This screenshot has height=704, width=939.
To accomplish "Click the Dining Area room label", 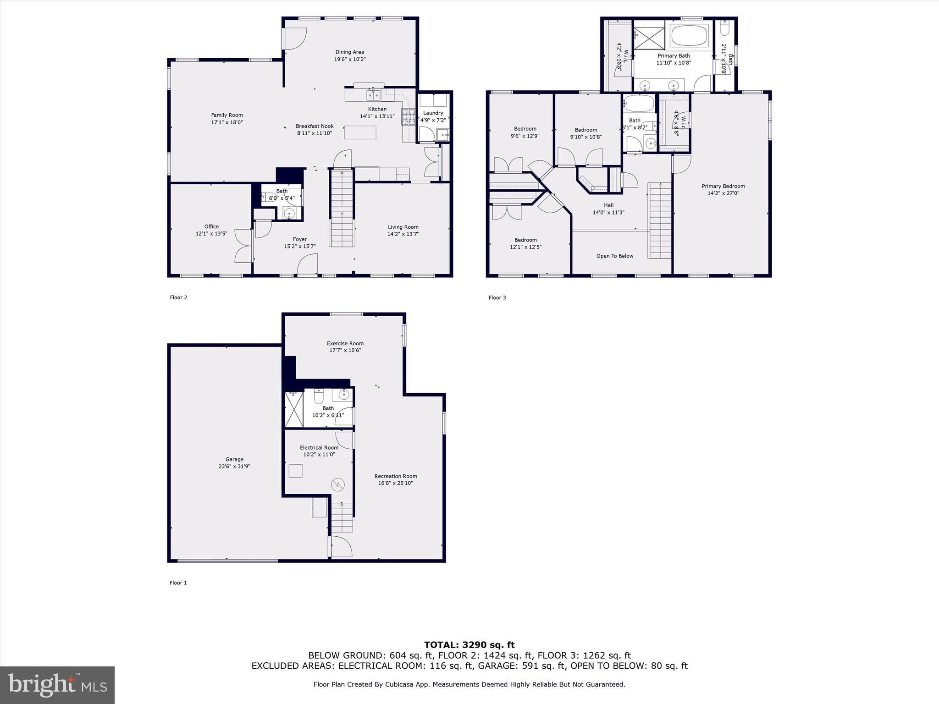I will [x=349, y=52].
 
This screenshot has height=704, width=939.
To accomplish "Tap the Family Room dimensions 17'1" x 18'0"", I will [x=226, y=122].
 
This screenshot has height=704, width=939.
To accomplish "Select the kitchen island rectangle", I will [x=360, y=132].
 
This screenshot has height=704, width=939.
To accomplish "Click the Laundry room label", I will [x=433, y=113].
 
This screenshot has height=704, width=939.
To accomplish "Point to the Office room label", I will [x=211, y=226].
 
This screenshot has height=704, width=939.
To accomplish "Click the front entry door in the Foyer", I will [x=307, y=266].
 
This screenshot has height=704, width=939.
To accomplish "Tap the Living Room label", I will [x=403, y=227].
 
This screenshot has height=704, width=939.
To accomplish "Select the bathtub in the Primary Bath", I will [x=689, y=36].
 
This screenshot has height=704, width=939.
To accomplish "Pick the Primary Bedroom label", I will [x=723, y=186].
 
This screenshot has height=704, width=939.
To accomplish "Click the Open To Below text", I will [x=614, y=256].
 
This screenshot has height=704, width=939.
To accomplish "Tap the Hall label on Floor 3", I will [x=608, y=205].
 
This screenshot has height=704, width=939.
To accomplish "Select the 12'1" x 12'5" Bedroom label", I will [x=525, y=240].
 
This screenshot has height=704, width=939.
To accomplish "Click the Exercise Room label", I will [x=345, y=343].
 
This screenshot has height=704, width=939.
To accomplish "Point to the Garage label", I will [x=234, y=459].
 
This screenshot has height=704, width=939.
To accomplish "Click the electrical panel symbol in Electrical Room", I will [x=338, y=484].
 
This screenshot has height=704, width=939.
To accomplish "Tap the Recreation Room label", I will [x=395, y=476].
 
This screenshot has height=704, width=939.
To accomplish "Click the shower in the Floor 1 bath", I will [x=294, y=410].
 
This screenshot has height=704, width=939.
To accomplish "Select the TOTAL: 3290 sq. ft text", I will [x=469, y=645].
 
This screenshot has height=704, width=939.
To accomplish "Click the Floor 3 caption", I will [x=497, y=297].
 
